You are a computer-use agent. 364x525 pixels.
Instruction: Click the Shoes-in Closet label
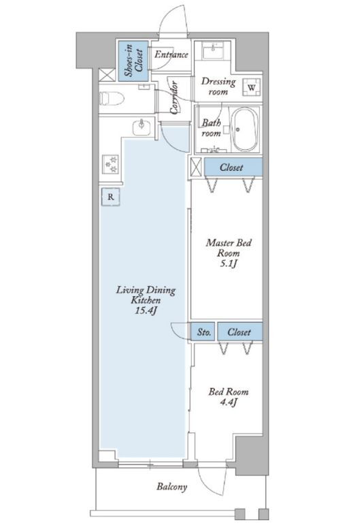133,61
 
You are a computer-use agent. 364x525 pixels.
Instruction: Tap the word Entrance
171,54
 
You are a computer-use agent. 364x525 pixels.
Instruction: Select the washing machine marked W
252,87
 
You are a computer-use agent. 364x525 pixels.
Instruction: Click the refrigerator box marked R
111,197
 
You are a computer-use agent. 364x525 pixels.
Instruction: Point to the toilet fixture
112,99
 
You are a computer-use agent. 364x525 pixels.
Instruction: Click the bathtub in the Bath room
246,129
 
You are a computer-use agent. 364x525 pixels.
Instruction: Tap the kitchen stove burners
111,164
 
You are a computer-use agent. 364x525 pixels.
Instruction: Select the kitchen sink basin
142,127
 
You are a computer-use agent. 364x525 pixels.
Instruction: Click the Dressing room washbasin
212,51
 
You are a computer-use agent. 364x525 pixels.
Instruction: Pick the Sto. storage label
204,332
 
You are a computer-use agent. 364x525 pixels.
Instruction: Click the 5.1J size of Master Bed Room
229,264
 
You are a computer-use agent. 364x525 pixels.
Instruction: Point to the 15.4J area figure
146,311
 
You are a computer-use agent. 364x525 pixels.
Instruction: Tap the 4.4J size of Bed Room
229,402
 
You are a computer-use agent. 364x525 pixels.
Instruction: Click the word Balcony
172,486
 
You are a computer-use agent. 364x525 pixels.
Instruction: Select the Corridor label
173,97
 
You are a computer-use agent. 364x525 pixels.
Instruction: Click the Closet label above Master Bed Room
231,167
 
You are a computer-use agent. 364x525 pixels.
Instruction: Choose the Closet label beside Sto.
239,332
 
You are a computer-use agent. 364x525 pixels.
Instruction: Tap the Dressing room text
218,86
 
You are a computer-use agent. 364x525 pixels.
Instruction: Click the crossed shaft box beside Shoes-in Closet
107,75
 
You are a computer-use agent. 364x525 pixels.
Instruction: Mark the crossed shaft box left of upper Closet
196,166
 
